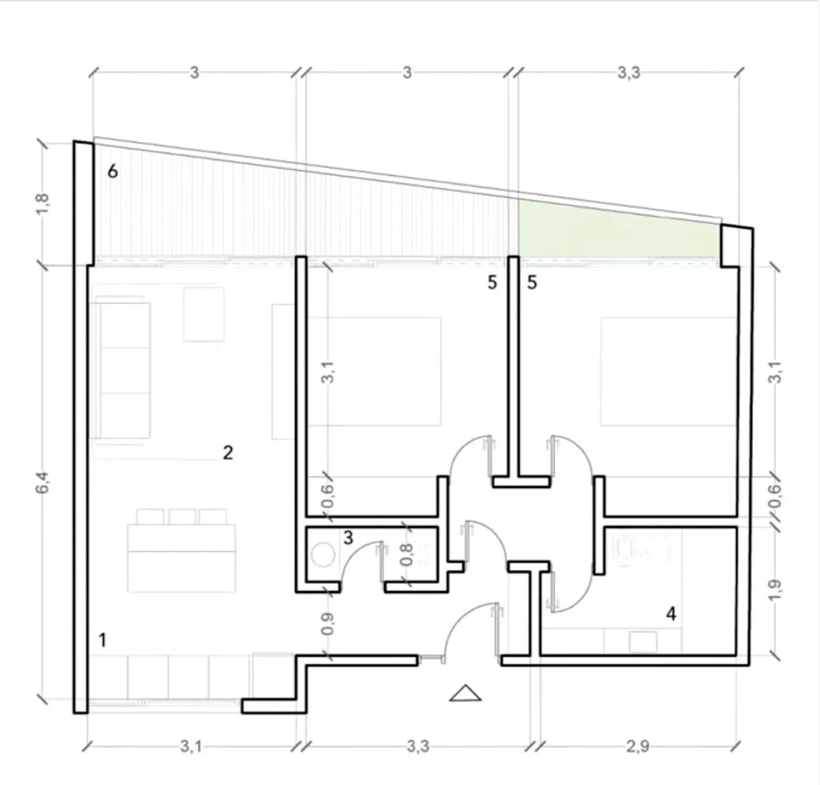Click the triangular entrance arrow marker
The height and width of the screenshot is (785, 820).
[465, 694]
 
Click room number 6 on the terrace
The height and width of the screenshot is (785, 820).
[113, 171]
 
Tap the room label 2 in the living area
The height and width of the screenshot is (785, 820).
[228, 453]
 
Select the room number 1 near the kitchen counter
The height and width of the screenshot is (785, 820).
[102, 640]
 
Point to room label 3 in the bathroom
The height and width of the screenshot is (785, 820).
[348, 538]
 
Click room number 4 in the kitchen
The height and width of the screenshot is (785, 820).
[671, 614]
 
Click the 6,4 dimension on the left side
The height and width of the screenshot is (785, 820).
[43, 482]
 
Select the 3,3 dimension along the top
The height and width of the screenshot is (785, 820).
[629, 73]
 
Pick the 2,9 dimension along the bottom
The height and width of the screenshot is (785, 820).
[638, 747]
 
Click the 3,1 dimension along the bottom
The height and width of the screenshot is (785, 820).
[191, 747]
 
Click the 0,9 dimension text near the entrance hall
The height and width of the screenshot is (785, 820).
[327, 624]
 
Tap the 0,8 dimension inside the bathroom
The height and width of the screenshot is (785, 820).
[407, 555]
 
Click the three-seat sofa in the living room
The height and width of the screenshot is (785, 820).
[122, 370]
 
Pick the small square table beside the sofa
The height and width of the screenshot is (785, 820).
[204, 314]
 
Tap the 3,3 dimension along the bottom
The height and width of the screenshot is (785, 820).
[418, 747]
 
